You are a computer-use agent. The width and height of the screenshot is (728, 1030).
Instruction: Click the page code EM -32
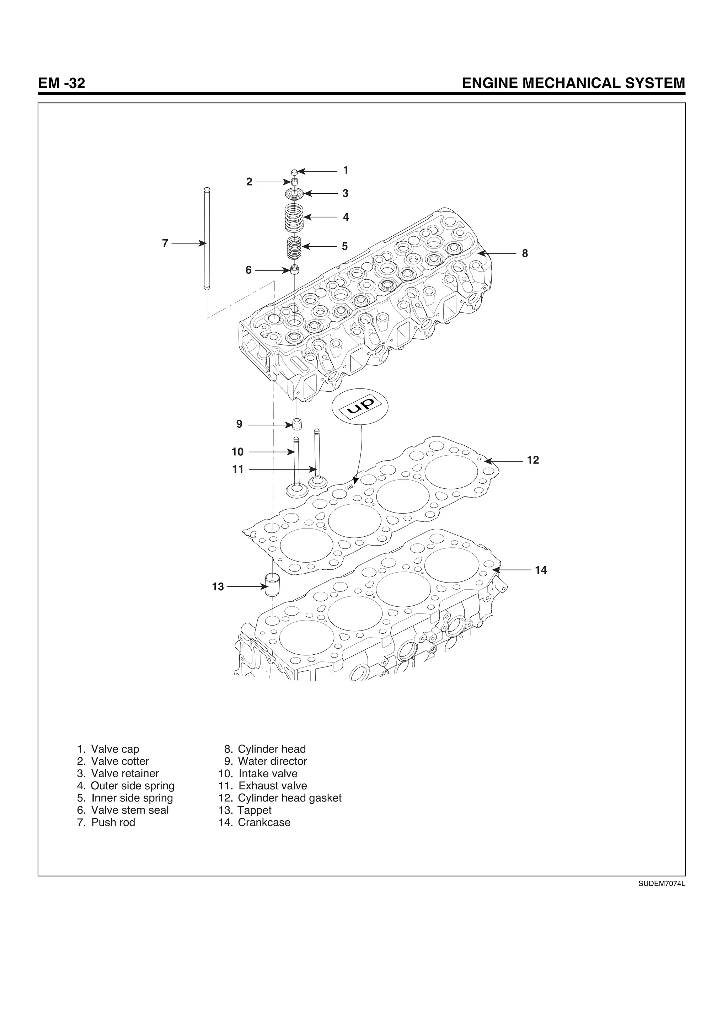point(61,84)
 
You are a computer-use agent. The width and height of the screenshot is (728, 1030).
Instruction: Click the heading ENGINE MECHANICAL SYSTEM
point(573,84)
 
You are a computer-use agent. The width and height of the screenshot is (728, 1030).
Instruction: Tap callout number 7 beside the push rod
point(165,243)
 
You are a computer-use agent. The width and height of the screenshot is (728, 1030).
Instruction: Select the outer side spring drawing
point(294,218)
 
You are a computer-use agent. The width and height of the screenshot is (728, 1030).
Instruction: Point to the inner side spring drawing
point(294,247)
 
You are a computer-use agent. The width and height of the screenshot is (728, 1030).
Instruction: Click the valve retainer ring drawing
point(295,194)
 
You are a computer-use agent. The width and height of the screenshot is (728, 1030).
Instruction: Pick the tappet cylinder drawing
point(272,585)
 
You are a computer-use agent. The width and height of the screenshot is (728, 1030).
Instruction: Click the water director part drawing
point(297,424)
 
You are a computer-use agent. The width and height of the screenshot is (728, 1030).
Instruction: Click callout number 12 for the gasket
point(533,460)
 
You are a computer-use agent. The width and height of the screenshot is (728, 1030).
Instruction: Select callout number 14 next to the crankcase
point(541,570)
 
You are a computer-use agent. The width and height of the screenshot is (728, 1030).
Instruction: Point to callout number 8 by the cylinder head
point(525,253)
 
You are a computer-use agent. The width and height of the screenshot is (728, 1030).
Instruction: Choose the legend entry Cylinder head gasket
point(289,798)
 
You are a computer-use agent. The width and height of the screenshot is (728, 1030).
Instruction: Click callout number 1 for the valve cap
point(346,171)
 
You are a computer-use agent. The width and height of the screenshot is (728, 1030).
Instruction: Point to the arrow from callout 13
point(247,586)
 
